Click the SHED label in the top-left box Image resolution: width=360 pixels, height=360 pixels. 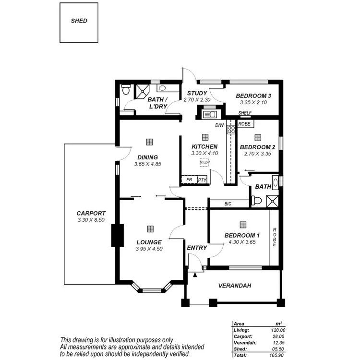[79, 21]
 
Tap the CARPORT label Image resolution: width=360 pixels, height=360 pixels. [91, 213]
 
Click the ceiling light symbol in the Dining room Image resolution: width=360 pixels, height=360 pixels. [149, 142]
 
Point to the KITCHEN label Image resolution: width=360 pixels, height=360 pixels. [204, 147]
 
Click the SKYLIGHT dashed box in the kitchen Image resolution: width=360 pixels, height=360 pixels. [204, 163]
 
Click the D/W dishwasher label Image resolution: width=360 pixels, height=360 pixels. [219, 126]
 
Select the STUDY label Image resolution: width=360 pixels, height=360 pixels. [197, 93]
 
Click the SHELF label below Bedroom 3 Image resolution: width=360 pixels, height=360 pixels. [245, 113]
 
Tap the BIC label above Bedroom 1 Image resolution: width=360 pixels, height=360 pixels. [228, 204]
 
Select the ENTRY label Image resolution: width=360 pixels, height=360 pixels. [197, 248]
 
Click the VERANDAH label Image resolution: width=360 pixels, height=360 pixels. [235, 286]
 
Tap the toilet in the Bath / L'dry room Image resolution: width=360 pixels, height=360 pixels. [126, 90]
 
